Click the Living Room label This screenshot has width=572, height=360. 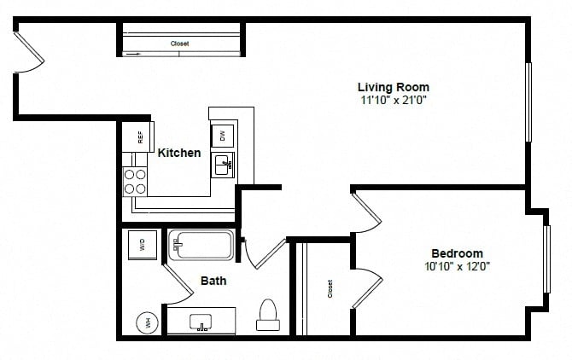[x=394, y=88]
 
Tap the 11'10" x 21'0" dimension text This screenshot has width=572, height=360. [x=394, y=100]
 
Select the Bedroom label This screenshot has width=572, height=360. [x=457, y=253]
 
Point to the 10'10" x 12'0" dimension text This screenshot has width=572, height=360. [x=457, y=266]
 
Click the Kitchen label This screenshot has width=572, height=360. [x=179, y=153]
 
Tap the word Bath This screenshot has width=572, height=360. [x=213, y=281]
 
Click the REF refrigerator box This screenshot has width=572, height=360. [x=138, y=136]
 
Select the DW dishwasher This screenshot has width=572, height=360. [x=223, y=136]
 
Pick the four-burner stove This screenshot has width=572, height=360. [x=135, y=182]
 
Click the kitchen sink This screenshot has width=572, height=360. [x=224, y=165]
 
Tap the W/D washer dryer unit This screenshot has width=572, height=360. [x=143, y=245]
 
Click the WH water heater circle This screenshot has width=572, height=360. [x=148, y=322]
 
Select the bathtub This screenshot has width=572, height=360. [x=201, y=245]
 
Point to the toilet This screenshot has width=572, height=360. [x=268, y=315]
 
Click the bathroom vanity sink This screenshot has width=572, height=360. [x=201, y=322]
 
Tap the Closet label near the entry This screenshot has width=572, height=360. [x=180, y=44]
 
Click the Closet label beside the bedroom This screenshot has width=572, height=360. [x=330, y=289]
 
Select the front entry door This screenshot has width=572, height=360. [x=29, y=52]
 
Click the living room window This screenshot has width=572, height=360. [x=528, y=102]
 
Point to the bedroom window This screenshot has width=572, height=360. [x=546, y=259]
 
